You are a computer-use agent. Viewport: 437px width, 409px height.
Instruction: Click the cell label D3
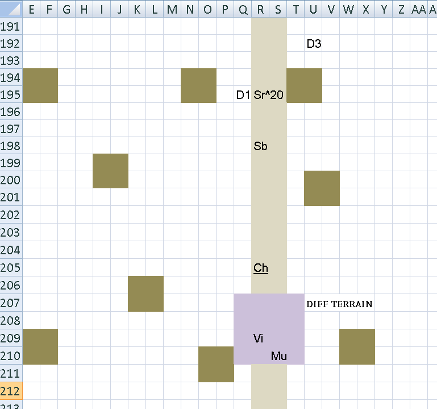pos(314,44)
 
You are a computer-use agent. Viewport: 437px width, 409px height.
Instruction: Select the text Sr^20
pos(268,95)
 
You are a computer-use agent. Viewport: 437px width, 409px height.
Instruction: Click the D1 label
pos(243,95)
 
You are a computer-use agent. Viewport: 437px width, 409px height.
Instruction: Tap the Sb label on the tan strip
pos(260,146)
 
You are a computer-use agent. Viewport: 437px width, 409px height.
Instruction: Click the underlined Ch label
pos(261,268)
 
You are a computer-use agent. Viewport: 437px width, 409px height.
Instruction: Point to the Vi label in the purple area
pos(258,338)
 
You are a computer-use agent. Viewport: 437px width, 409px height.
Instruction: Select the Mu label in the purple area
pos(278,356)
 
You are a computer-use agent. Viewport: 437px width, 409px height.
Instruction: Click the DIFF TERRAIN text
pos(339,304)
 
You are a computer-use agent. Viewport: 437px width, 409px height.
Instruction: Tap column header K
pos(137,10)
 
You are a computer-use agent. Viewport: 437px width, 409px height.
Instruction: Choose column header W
pos(348,10)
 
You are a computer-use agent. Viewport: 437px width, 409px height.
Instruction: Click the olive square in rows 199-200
pos(110,171)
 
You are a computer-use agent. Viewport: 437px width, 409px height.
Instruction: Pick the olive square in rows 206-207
pos(145,294)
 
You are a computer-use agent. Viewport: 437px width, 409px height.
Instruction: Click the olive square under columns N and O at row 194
pos(198,85)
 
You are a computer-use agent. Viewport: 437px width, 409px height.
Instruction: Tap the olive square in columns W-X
pos(357,346)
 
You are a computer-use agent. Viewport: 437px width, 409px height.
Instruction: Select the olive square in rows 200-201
pos(322,188)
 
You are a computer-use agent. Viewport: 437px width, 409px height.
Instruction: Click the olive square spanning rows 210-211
pos(216,364)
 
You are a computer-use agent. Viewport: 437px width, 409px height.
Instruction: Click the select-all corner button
pos(11,9)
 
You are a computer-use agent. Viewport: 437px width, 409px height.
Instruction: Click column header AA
pos(419,10)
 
